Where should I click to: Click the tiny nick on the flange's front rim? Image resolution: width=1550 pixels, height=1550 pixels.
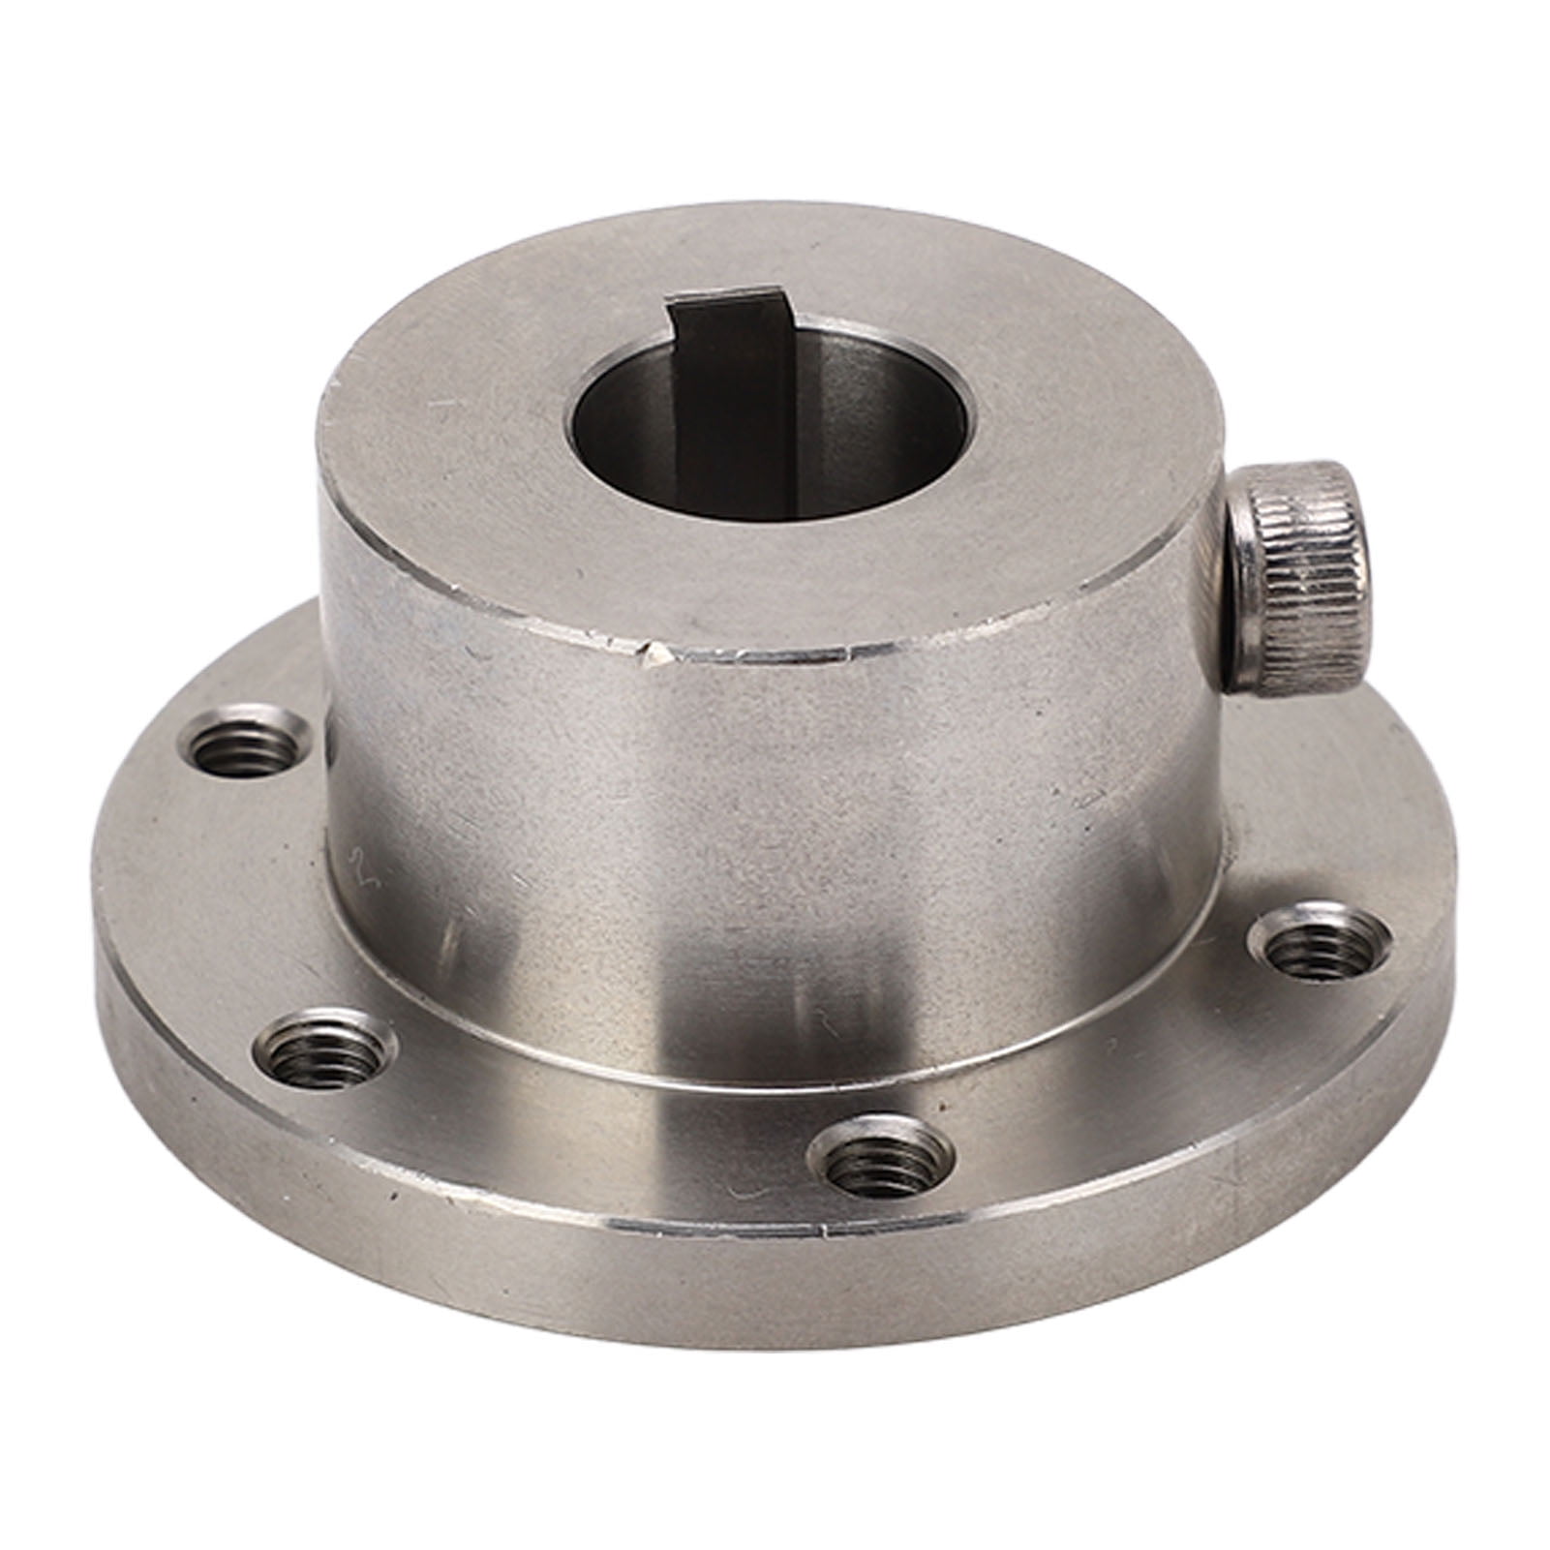tap(824, 1234)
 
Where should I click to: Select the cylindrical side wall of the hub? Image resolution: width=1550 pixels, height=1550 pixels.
tap(775, 823)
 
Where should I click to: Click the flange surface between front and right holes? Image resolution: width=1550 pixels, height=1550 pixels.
tap(1113, 1084)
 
